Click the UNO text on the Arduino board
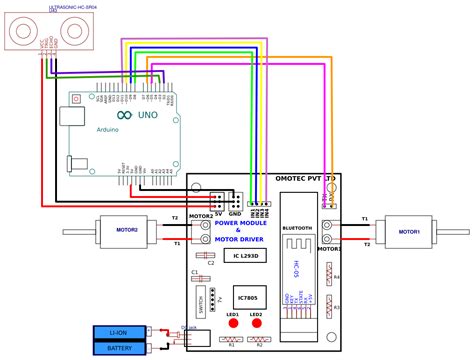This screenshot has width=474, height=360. coord(146,115)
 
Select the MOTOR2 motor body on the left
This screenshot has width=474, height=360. coord(127,229)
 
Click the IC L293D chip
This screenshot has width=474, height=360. coord(245,256)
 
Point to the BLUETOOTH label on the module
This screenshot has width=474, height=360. coord(297,227)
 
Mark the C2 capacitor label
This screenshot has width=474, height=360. coord(211,263)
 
